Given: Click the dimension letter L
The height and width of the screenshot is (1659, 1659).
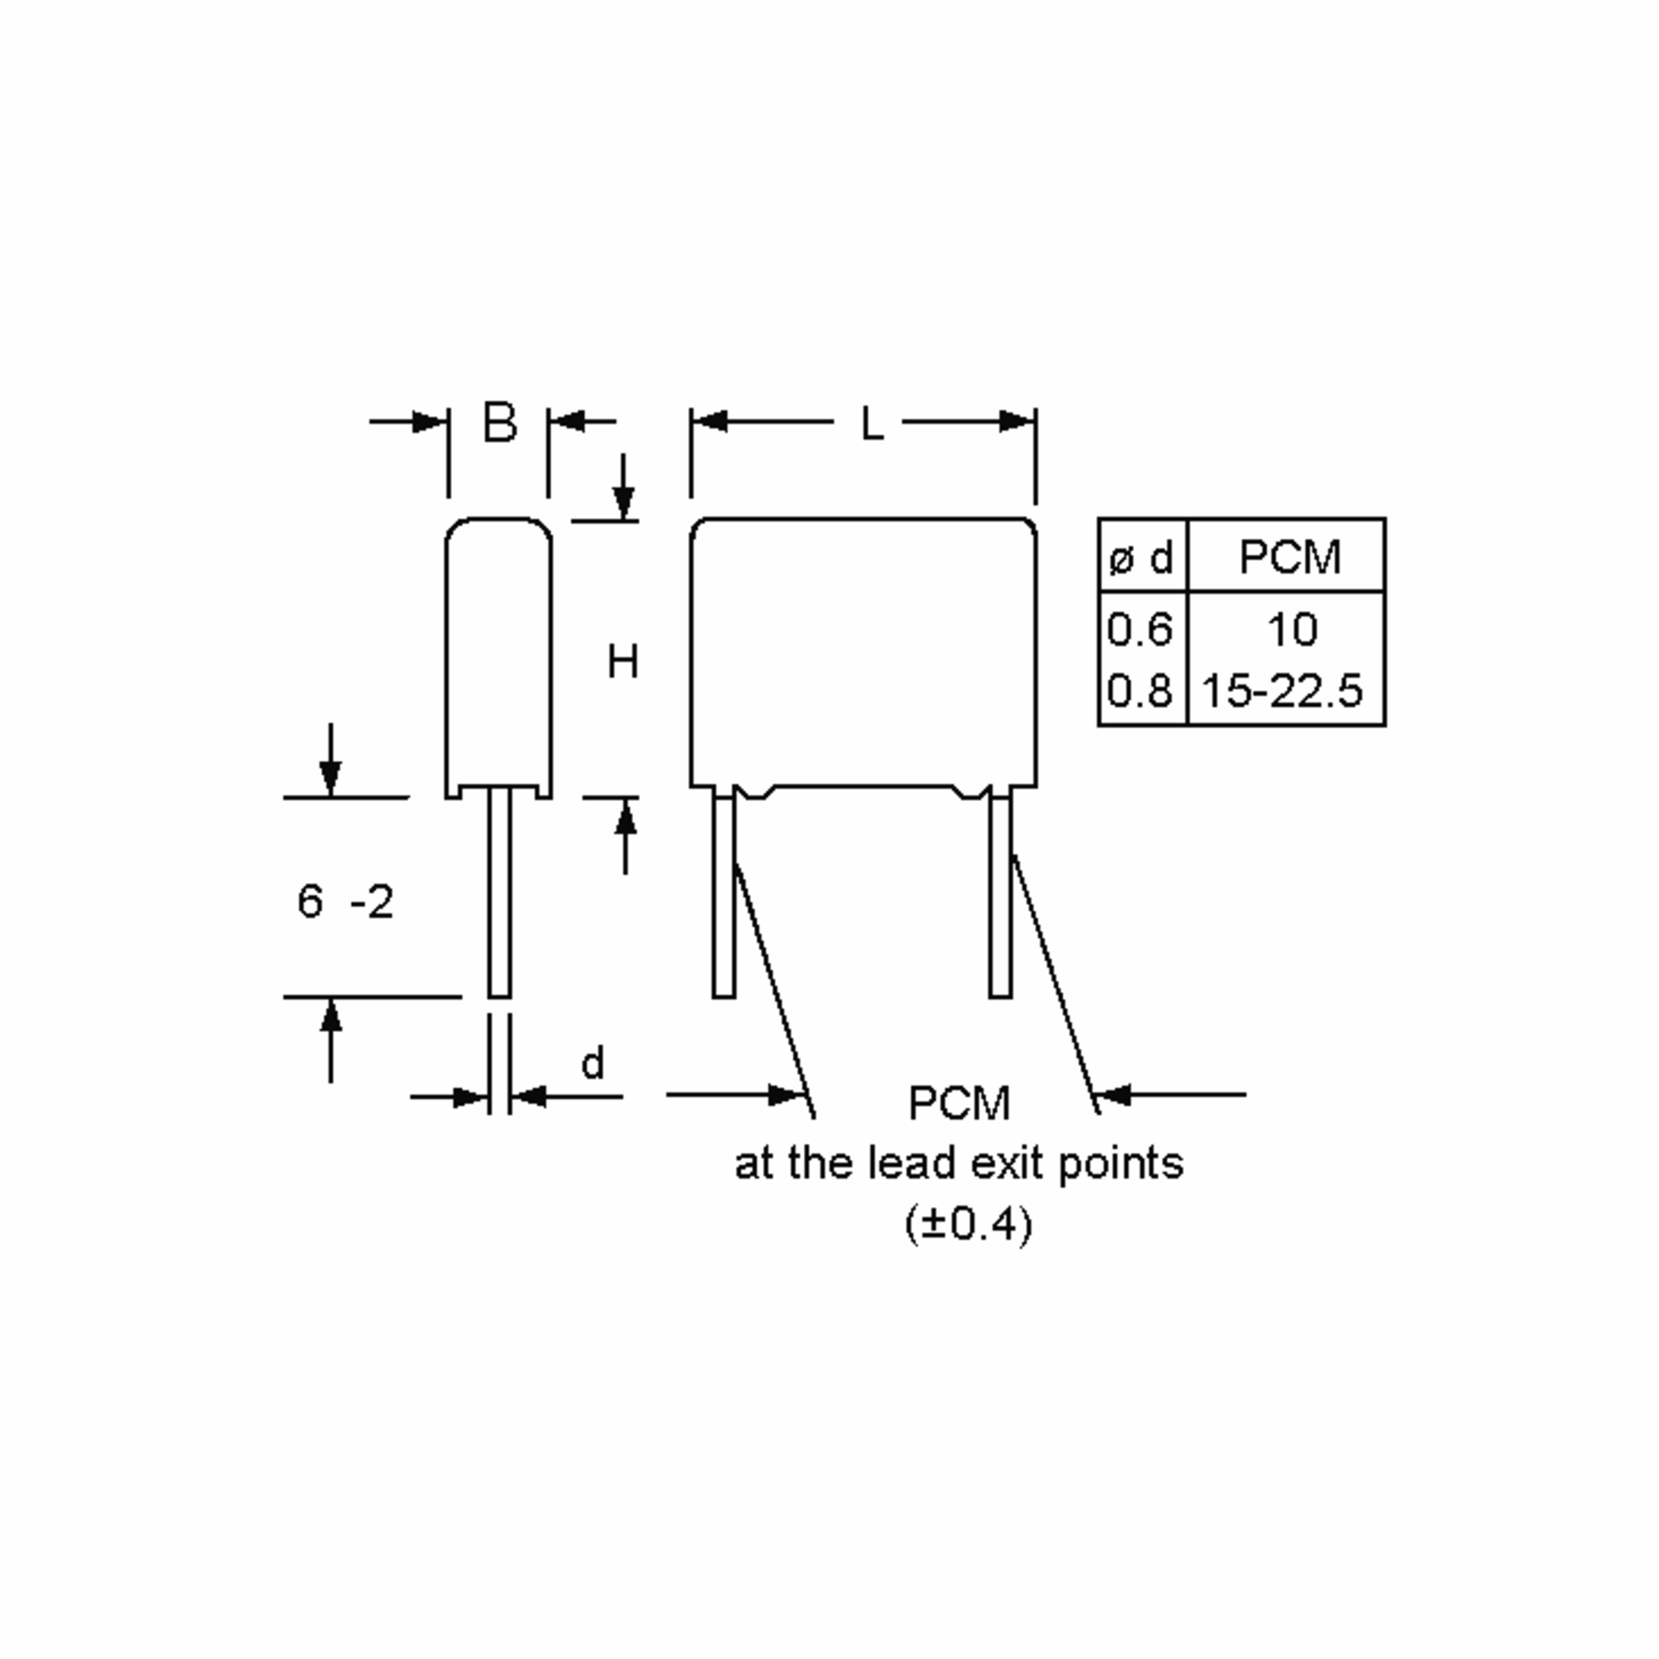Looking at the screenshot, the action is click(872, 423).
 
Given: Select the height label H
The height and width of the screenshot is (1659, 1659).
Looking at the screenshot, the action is click(623, 662).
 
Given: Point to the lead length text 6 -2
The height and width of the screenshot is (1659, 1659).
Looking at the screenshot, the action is click(345, 901).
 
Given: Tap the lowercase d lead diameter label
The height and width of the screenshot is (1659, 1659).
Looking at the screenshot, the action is click(592, 1062).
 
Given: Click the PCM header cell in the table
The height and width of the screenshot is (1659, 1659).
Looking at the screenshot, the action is click(1286, 556).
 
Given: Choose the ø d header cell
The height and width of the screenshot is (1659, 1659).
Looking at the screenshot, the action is click(1143, 556).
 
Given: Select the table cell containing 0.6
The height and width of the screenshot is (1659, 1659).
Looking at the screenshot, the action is click(1139, 630).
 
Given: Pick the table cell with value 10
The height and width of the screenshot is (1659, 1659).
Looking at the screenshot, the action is click(1291, 630).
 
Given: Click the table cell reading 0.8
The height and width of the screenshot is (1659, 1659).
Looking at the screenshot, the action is click(1139, 691).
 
